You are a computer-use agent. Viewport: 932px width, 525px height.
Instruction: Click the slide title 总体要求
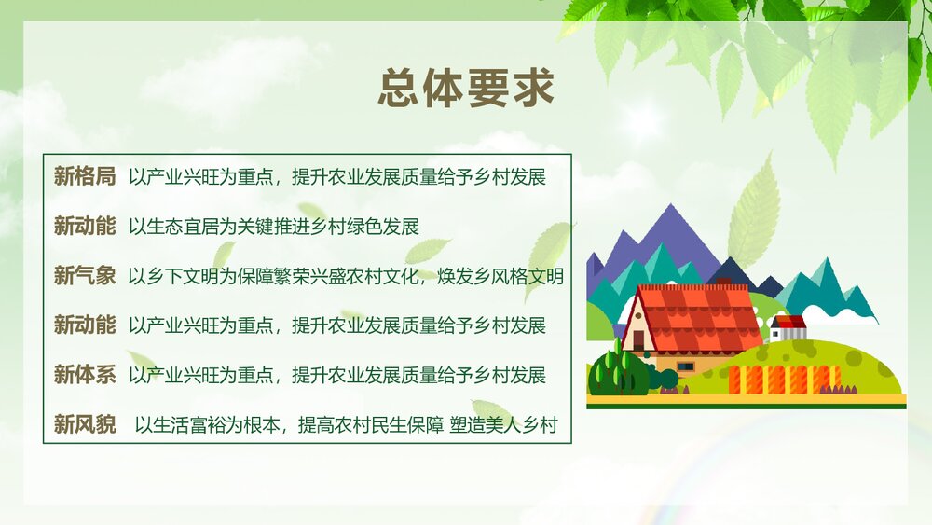[466, 89]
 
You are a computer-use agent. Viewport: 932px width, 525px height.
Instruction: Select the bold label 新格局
[84, 176]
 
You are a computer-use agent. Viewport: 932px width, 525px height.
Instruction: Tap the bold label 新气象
[84, 275]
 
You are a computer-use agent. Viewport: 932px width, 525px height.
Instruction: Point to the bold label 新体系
[84, 375]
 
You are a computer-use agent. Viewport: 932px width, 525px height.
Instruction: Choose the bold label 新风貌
[84, 425]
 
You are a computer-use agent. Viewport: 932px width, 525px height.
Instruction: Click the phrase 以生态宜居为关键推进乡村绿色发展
[274, 226]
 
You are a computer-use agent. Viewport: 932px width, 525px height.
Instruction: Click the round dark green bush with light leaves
[617, 373]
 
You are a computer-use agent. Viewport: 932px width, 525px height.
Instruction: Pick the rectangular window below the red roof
[686, 366]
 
